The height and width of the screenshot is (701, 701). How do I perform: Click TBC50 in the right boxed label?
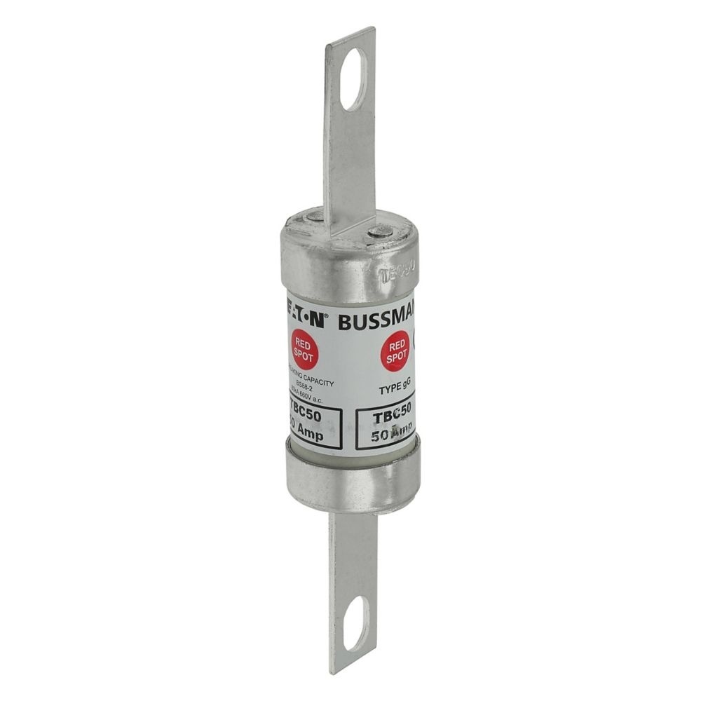point(386,417)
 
